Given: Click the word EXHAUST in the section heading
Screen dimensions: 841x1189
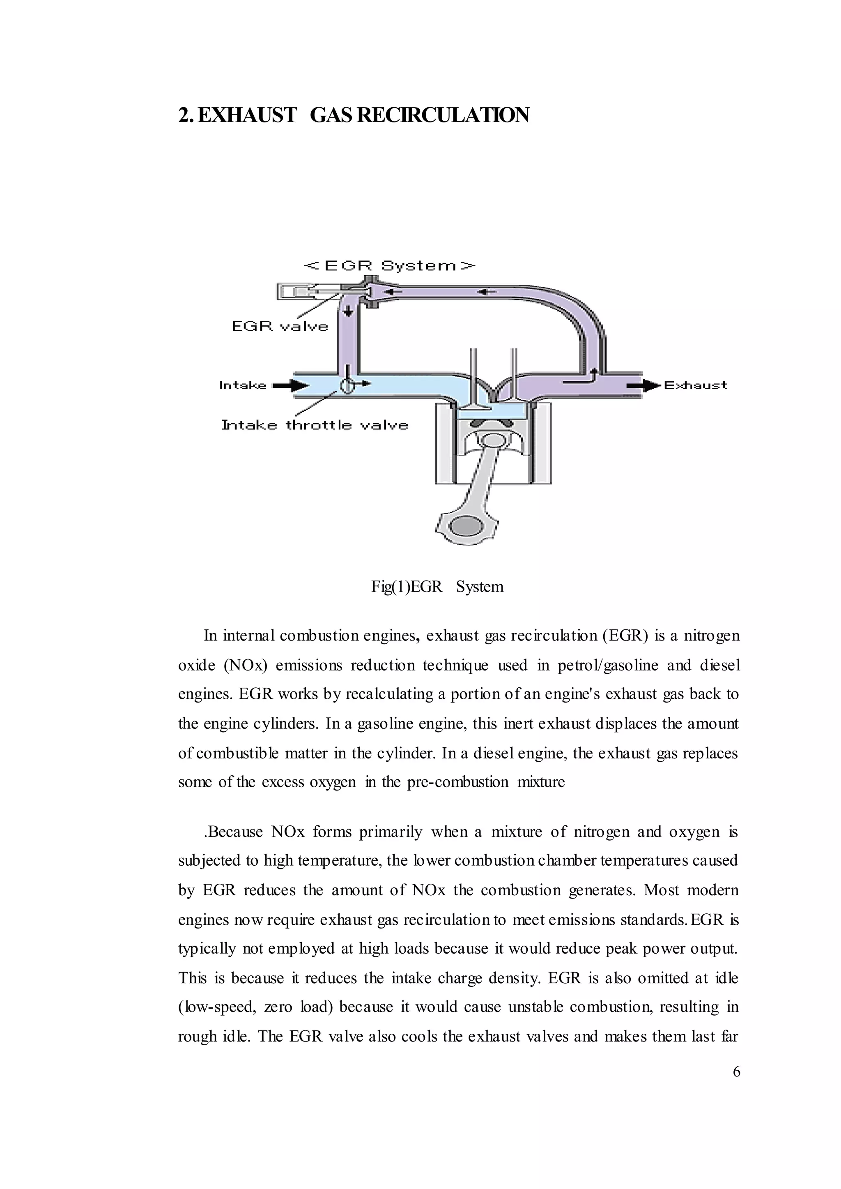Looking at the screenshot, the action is (x=247, y=115).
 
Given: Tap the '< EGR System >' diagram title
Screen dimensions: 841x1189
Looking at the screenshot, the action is (x=389, y=266).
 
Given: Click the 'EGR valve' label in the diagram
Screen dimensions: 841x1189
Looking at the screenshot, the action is (x=280, y=326).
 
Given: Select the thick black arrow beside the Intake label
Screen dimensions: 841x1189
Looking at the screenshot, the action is (x=290, y=385).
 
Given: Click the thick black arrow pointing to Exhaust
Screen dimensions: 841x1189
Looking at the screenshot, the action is (x=644, y=385).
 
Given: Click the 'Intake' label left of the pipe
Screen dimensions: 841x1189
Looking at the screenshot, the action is (x=242, y=385).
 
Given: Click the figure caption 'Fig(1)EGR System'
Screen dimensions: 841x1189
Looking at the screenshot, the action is (x=437, y=587).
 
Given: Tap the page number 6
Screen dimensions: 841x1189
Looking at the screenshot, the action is (x=736, y=1072).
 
